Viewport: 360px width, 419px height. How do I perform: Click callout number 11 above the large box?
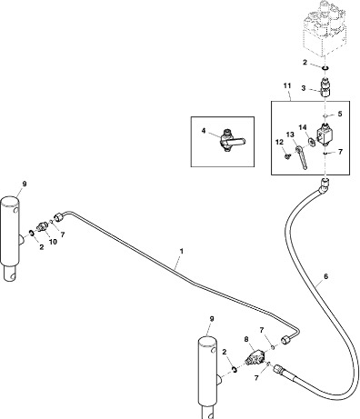287,85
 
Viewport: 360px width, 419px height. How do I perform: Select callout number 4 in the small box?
204,131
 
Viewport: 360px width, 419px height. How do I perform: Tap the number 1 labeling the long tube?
182,251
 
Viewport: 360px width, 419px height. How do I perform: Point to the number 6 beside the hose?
325,276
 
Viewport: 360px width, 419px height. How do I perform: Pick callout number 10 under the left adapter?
53,242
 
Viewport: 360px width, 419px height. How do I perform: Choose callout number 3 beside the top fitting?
304,88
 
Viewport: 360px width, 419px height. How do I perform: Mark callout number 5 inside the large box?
340,114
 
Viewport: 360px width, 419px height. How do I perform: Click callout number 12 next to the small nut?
279,142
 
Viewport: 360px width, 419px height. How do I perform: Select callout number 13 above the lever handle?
290,135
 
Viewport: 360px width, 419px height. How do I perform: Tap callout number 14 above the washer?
303,127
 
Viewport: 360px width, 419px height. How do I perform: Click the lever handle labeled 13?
302,157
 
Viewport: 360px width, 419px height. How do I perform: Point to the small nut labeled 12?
286,156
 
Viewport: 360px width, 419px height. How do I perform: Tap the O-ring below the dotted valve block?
325,68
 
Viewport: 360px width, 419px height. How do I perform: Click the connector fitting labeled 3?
325,87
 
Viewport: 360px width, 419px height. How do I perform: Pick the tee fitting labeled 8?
255,356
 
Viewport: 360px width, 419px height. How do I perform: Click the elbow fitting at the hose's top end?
324,185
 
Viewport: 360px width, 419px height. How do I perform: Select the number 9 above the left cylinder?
25,184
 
